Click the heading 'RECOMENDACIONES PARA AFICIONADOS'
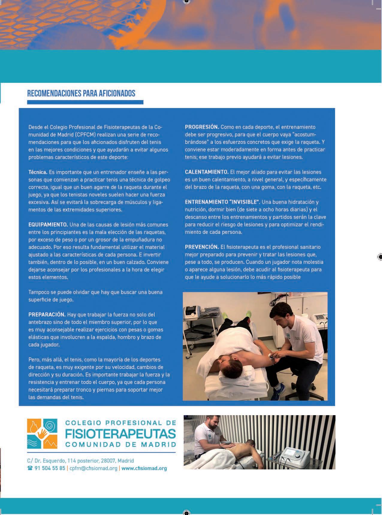coord(81,94)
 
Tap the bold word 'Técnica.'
coord(38,172)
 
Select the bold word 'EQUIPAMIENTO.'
coord(48,225)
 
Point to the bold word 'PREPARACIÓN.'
coord(47,315)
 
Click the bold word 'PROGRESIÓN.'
coord(202,127)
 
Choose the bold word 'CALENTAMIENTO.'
coord(207,172)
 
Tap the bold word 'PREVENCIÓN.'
coord(202,247)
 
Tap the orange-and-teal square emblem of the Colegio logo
coord(42,434)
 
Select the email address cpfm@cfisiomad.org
coord(93,468)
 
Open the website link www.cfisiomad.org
coord(144,468)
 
